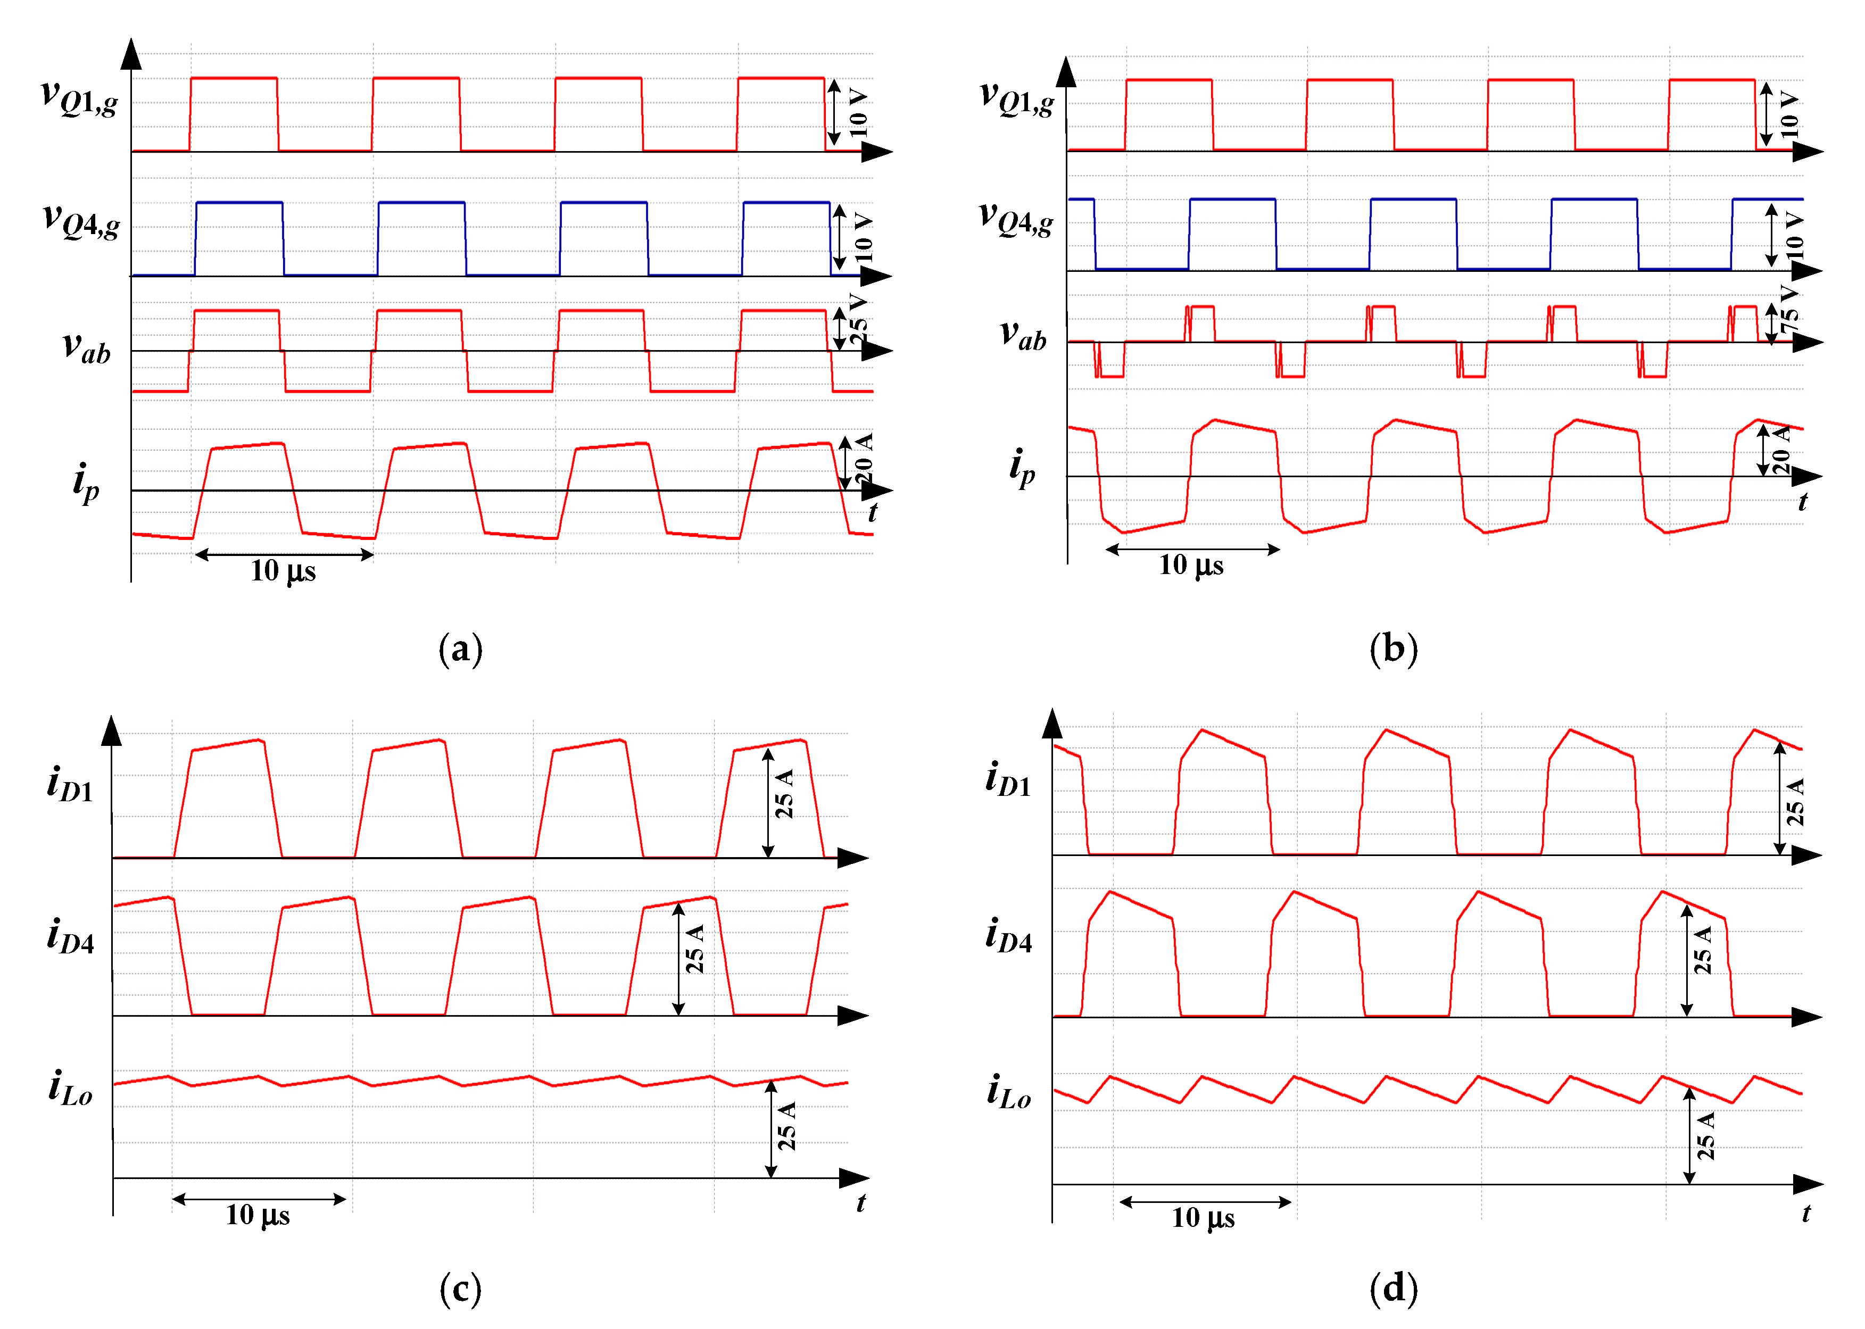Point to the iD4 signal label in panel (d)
[1008, 935]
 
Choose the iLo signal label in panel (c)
[70, 1089]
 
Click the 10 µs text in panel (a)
[283, 571]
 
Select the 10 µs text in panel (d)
[1203, 1218]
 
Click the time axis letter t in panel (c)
[861, 1202]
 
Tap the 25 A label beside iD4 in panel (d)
[1702, 950]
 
